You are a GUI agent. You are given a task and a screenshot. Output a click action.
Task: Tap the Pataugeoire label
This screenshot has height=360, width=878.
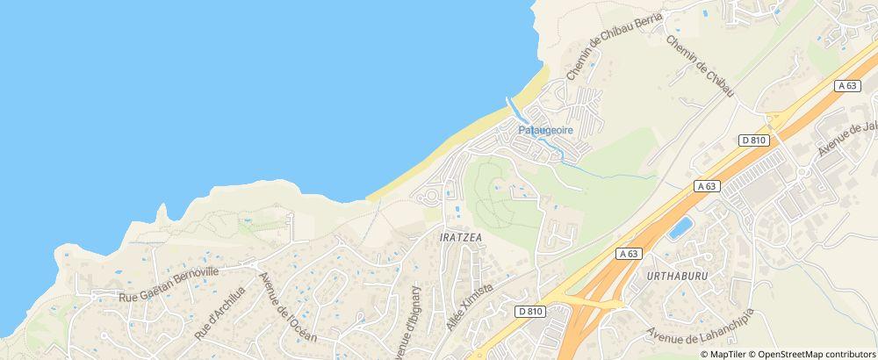coord(545,130)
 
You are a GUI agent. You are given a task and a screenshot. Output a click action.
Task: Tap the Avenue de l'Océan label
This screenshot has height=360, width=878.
coord(287,307)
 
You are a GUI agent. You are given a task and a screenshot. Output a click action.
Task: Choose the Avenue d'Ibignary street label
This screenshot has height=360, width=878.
coord(410,321)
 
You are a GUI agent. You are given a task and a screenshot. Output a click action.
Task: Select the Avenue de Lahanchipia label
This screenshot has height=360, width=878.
coord(700,324)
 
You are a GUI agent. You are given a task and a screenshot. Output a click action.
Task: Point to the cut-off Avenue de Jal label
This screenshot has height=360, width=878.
coord(848,137)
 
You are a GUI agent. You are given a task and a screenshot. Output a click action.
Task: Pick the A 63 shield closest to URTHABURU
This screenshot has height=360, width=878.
coord(627,253)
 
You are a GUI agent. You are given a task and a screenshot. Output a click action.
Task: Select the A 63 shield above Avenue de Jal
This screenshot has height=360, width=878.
coord(846,85)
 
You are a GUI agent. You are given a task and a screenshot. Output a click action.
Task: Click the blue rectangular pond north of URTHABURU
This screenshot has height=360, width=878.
coord(680,229)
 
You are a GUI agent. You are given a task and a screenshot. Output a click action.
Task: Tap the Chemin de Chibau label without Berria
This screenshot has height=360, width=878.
coord(701,67)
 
